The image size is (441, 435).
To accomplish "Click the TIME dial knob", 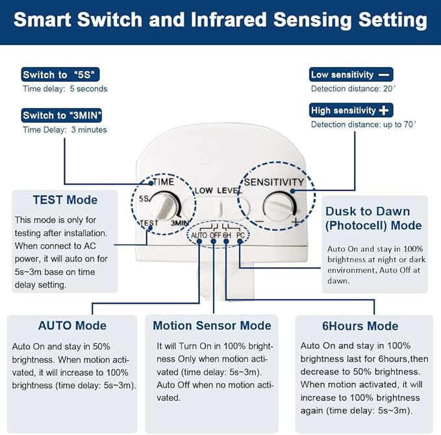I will pos(166,206).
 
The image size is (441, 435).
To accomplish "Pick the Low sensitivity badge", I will pos(351,74).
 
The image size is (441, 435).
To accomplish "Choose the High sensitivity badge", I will pos(351,110).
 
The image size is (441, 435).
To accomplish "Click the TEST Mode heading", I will pos(65,200).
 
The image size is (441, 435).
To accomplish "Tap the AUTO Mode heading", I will pos(72,325).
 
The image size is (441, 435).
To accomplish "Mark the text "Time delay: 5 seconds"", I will pos(65,88).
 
